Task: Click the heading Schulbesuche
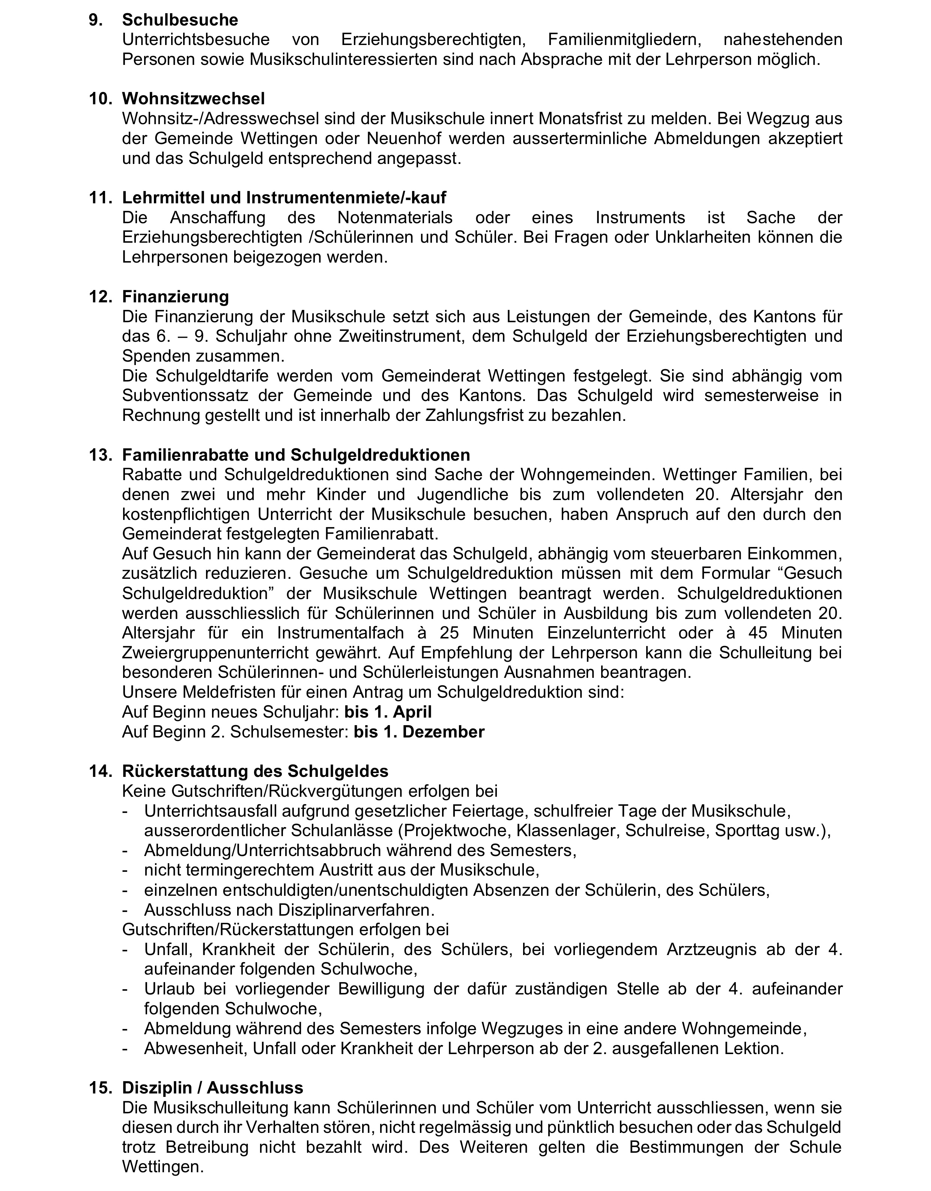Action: pos(180,20)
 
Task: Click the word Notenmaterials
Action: pos(395,218)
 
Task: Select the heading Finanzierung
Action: pos(175,297)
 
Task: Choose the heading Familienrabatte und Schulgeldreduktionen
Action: pos(296,455)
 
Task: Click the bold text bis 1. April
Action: pos(388,712)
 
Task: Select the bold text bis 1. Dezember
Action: pos(419,732)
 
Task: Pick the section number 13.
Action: pos(100,455)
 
